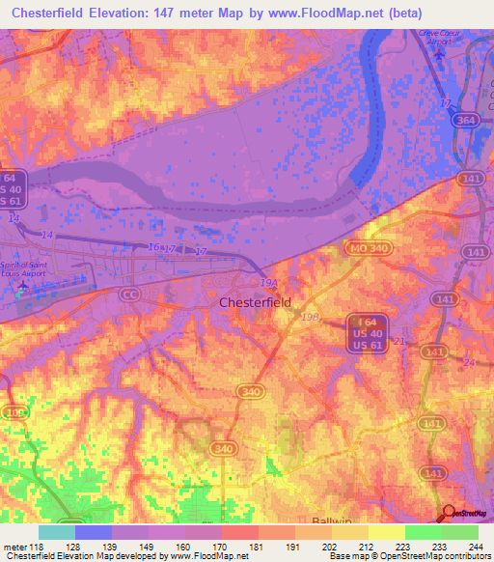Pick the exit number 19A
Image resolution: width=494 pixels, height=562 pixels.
268,283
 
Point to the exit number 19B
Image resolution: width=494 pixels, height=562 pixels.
310,316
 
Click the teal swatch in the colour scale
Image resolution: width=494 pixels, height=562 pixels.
57,531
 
